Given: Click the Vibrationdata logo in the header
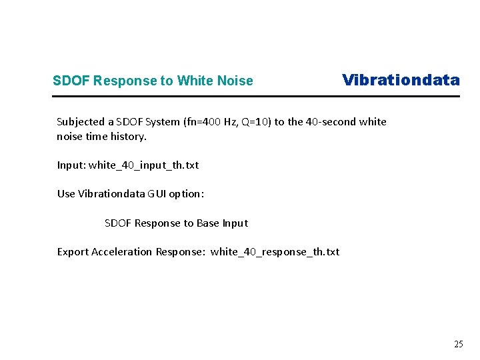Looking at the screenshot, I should (x=401, y=80).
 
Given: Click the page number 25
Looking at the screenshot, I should (x=458, y=345).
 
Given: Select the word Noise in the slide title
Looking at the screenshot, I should (x=235, y=81).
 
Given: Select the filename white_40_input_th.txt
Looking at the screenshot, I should (x=143, y=165).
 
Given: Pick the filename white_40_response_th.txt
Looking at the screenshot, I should (x=275, y=251).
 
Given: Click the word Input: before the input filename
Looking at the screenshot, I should (x=71, y=165).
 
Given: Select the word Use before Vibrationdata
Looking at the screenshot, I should (x=66, y=194).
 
